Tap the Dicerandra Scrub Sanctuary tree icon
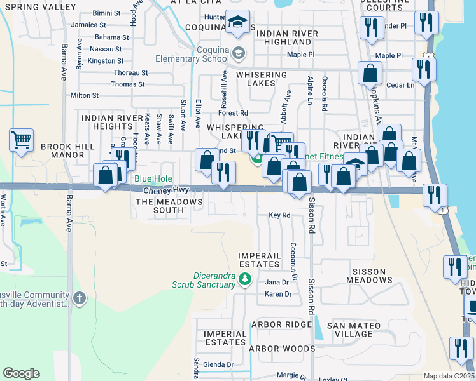pyautogui.click(x=244, y=278)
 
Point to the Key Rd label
pyautogui.click(x=279, y=215)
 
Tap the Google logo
pyautogui.click(x=21, y=373)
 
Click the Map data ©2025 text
pyautogui.click(x=448, y=376)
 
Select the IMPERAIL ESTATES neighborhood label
pyautogui.click(x=259, y=260)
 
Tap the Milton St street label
pyautogui.click(x=85, y=95)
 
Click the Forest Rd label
pyautogui.click(x=233, y=113)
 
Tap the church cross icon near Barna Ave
pyautogui.click(x=78, y=297)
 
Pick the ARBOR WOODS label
pyautogui.click(x=282, y=349)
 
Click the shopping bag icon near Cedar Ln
pyautogui.click(x=370, y=74)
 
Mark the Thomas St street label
pyautogui.click(x=128, y=84)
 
